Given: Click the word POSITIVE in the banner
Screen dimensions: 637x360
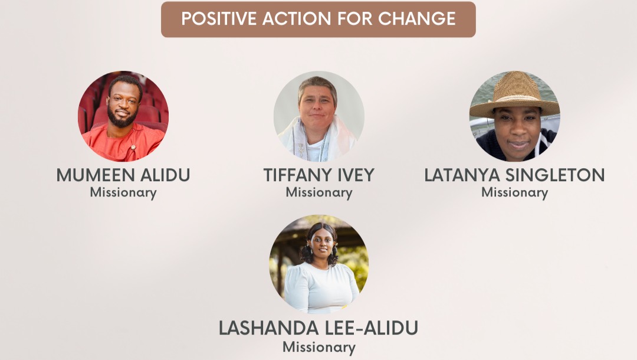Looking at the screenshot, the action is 219,19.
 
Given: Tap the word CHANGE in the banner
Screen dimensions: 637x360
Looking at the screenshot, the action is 417,19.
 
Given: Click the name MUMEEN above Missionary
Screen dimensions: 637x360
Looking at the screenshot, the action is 96,175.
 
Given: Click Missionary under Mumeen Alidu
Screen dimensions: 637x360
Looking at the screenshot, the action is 123,192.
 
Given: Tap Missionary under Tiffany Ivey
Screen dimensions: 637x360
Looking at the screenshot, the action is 319,192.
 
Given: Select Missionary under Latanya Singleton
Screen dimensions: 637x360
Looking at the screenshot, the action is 515,192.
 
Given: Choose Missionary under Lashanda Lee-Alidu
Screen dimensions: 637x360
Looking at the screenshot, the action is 319,348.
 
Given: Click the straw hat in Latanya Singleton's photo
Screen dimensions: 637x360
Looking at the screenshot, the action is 515,96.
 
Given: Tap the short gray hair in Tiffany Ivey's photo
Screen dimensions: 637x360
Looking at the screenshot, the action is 318,86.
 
